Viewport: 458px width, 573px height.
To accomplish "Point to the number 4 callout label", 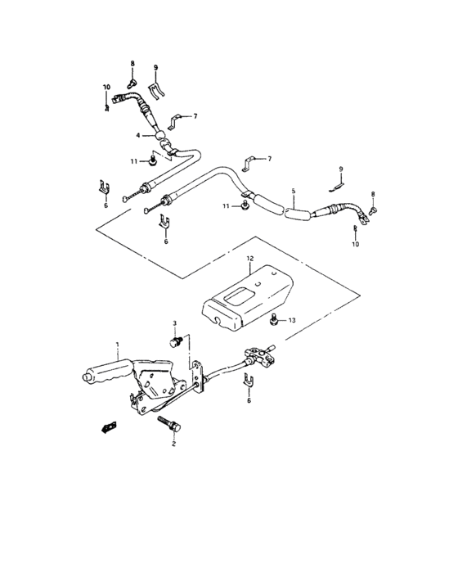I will point(139,135).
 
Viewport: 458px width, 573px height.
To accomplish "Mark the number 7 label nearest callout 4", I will point(195,116).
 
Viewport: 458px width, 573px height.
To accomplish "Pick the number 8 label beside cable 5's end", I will point(374,194).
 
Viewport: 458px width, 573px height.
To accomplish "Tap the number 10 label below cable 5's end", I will point(356,244).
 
